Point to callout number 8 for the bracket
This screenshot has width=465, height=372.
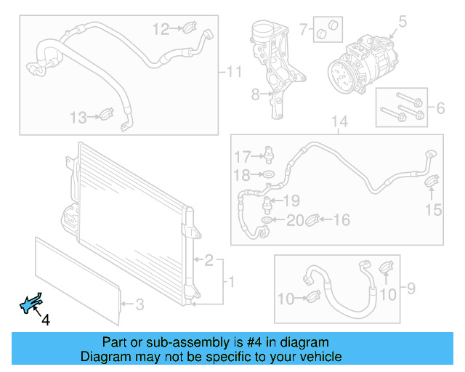pyautogui.click(x=255, y=94)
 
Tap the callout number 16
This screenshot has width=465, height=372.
pyautogui.click(x=341, y=219)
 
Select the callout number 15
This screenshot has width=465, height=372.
pyautogui.click(x=433, y=211)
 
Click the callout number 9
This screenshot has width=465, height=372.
pyautogui.click(x=411, y=290)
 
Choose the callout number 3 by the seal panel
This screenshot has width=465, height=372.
pyautogui.click(x=141, y=304)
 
